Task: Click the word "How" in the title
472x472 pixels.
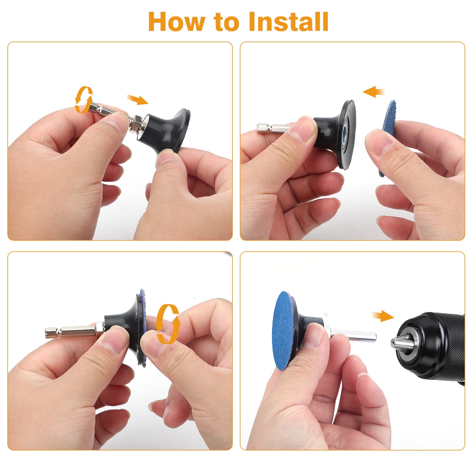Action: click(x=176, y=22)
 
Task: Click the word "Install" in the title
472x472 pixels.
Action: click(x=289, y=22)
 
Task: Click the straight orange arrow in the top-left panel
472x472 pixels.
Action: click(x=137, y=100)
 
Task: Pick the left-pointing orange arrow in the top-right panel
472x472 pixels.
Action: click(x=374, y=92)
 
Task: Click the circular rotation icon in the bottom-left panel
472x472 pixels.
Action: click(x=168, y=324)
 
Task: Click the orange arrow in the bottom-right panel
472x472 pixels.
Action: click(x=383, y=316)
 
